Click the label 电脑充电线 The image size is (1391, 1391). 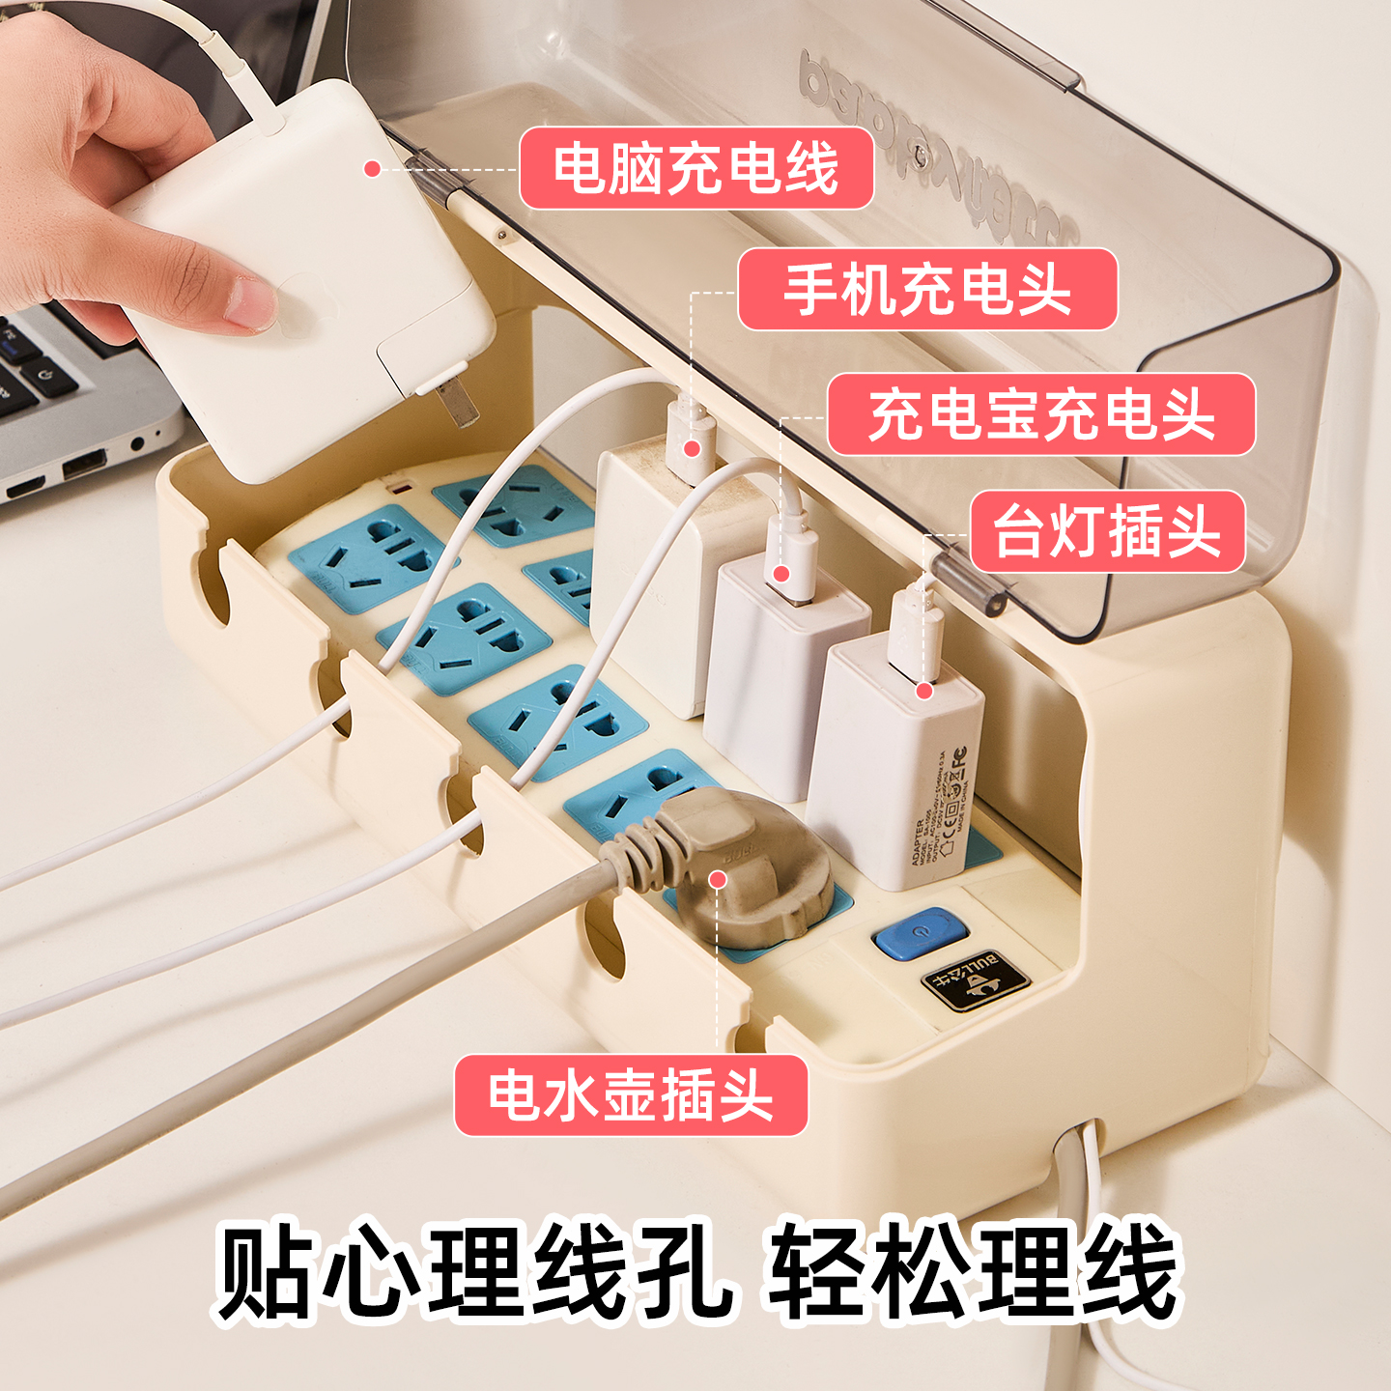coord(696,168)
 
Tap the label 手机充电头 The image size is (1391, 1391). coord(927,290)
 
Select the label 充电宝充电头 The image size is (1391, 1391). coord(1041,414)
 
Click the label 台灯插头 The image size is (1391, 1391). coord(1107,531)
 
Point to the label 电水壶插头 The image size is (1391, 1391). coord(631,1095)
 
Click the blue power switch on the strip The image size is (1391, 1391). coord(920,933)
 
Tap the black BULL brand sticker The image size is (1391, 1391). coord(976,981)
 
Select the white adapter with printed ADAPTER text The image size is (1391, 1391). coord(894,763)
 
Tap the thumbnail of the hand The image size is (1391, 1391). coord(249,301)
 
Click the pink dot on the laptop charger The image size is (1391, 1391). coord(372,169)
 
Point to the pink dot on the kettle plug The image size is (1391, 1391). coord(718,879)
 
